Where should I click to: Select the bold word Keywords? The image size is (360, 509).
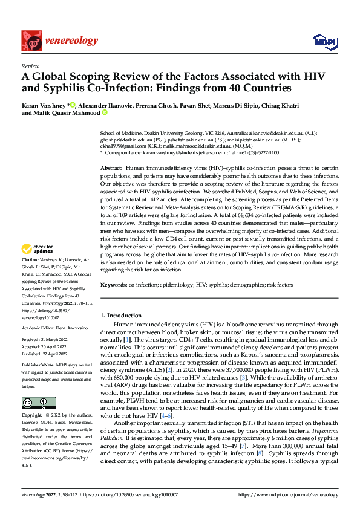click(114, 284)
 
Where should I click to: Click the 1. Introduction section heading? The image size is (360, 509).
click(120, 315)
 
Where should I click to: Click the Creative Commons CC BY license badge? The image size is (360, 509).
click(39, 403)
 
